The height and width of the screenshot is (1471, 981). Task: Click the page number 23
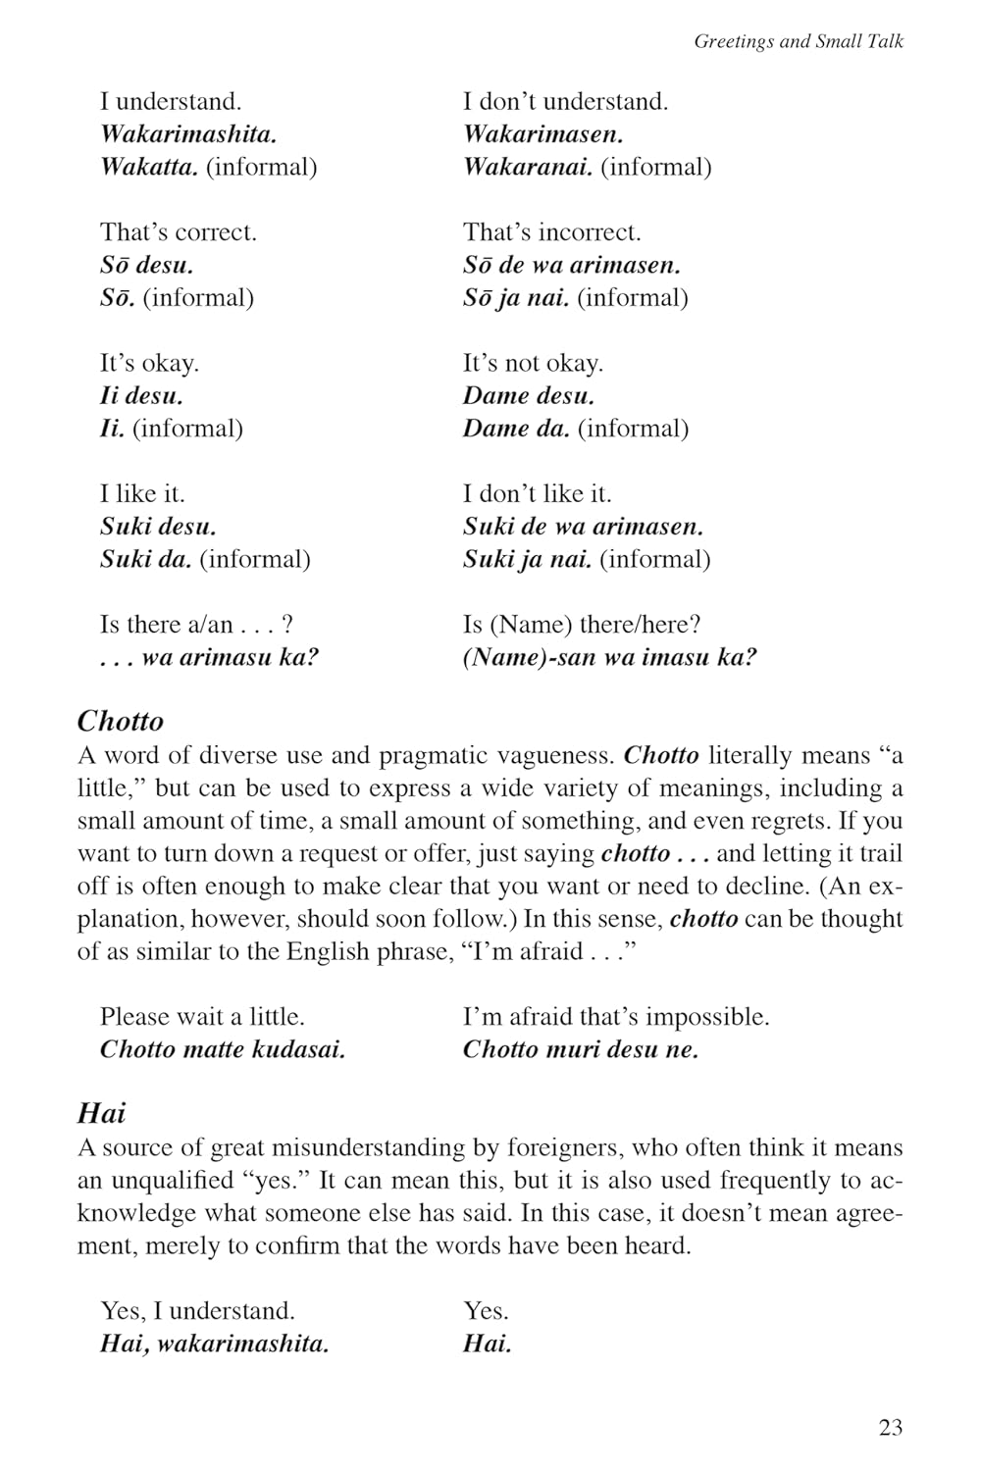tap(890, 1427)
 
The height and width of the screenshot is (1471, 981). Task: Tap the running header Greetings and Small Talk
tap(799, 41)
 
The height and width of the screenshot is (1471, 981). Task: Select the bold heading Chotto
tap(121, 721)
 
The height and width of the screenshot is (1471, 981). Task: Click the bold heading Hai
tap(102, 1113)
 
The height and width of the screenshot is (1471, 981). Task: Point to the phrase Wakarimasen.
tap(542, 134)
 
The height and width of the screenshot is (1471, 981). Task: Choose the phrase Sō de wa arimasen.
tap(572, 265)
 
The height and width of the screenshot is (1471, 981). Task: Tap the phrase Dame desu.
tap(529, 396)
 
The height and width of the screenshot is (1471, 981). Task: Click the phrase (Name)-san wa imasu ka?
tap(610, 657)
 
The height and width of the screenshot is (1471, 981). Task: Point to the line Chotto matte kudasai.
tap(223, 1049)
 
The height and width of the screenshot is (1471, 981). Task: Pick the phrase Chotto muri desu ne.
tap(581, 1049)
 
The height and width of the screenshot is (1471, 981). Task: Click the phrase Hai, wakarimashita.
tap(214, 1344)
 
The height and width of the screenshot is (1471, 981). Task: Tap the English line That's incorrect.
tap(551, 232)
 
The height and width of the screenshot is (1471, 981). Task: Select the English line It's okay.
tap(149, 363)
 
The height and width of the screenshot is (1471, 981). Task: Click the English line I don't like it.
tap(537, 493)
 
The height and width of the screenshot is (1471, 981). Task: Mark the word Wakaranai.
tap(528, 167)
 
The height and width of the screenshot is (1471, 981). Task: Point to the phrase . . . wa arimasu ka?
tap(209, 657)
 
